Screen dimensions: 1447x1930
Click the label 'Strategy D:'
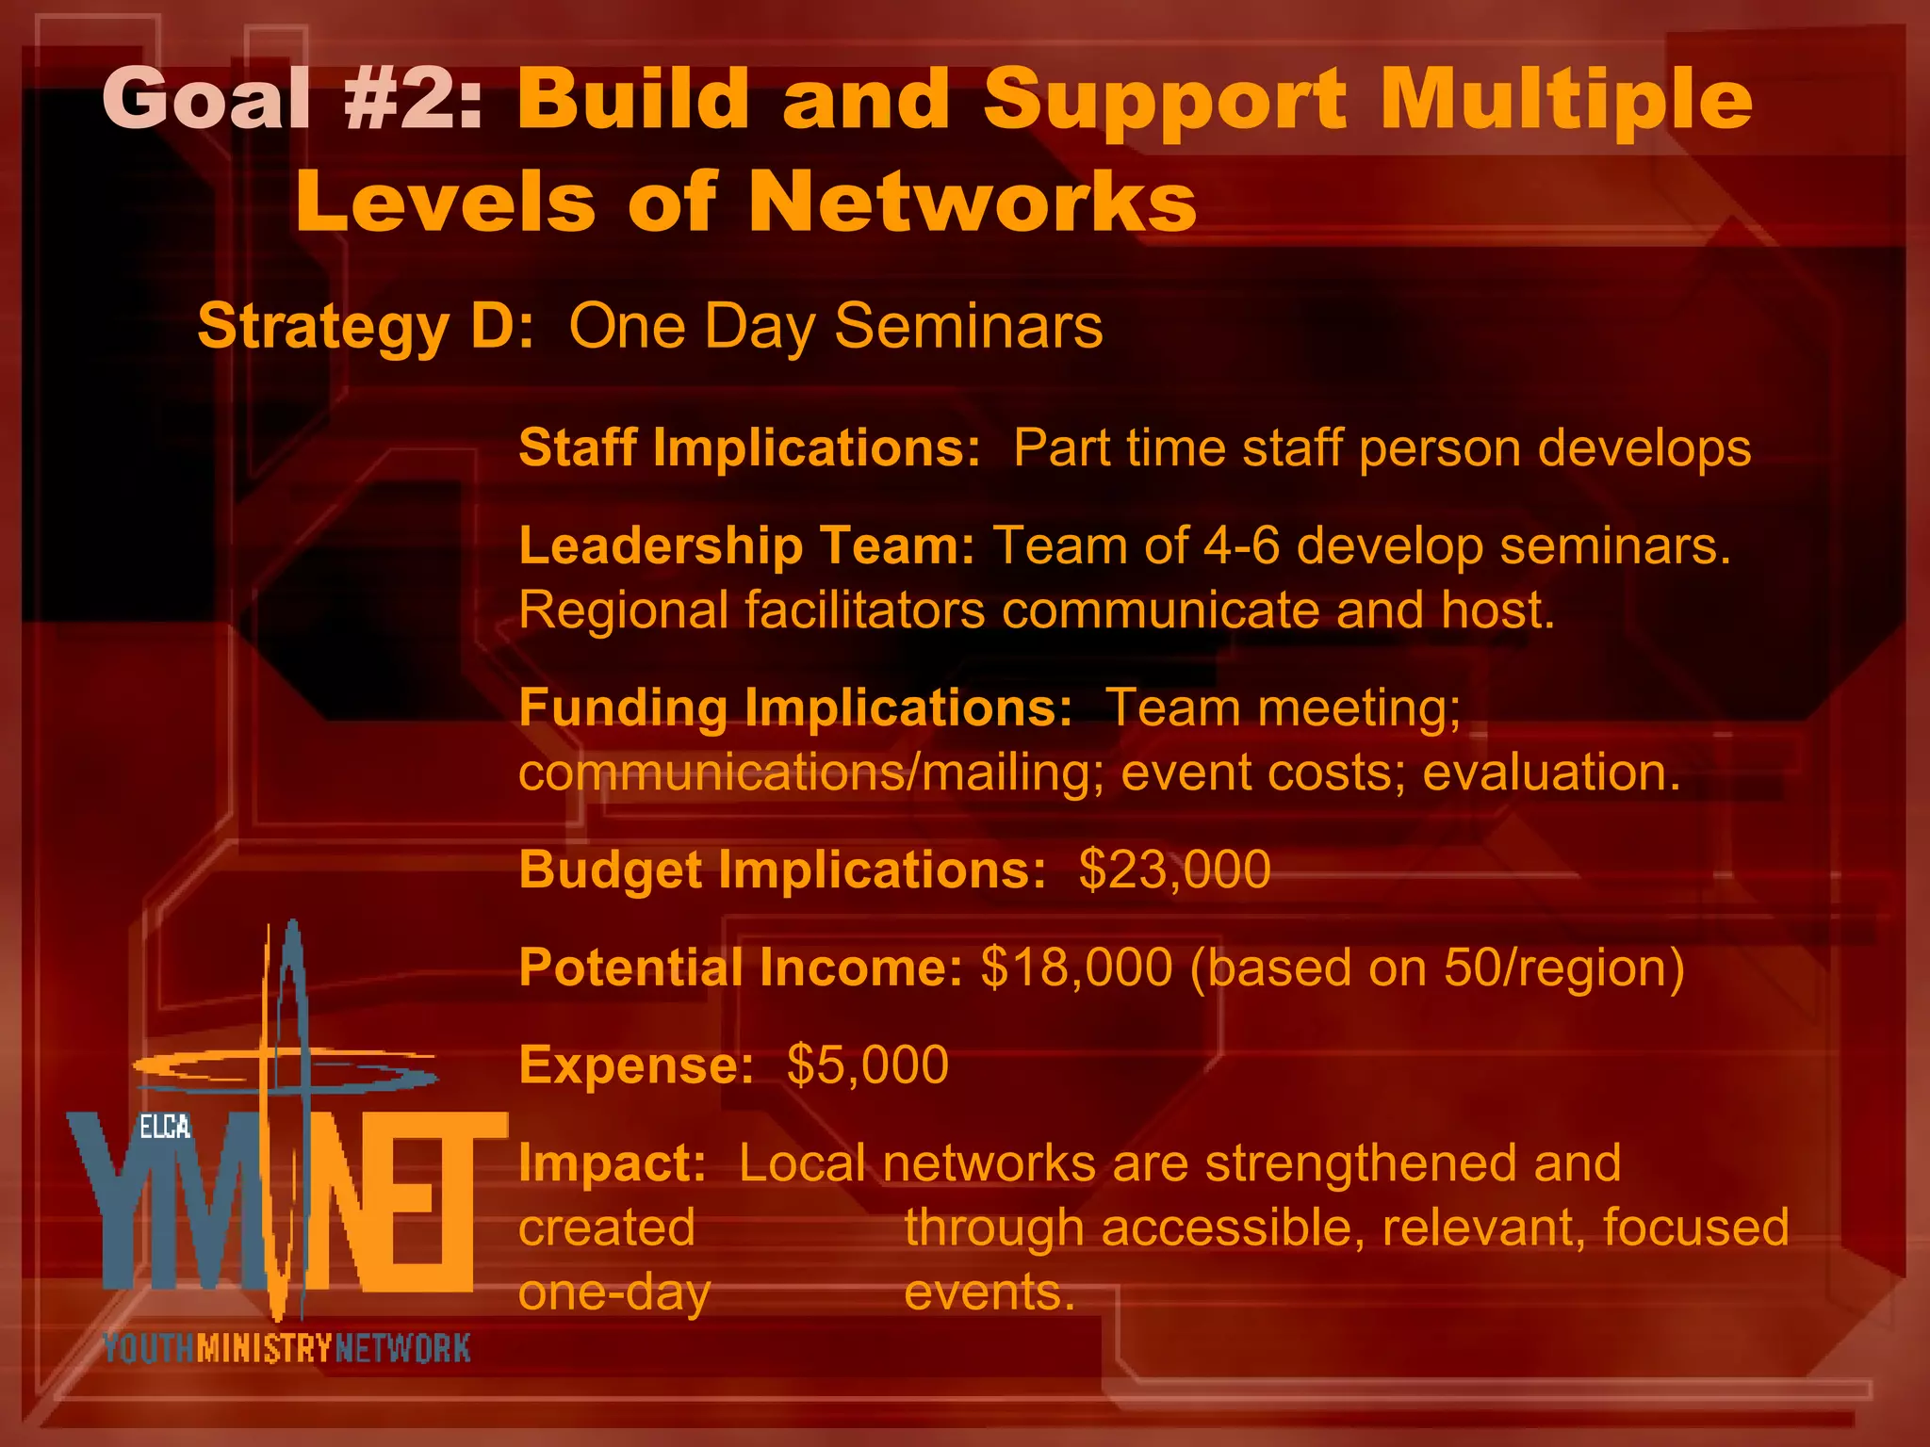[x=366, y=327]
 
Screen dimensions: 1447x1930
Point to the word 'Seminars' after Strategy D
[x=968, y=327]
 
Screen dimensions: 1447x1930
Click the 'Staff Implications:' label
[x=749, y=447]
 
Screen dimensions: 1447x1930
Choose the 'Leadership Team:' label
[x=746, y=546]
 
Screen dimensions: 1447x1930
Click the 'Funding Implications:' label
[x=795, y=708]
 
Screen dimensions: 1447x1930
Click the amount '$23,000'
[x=1174, y=870]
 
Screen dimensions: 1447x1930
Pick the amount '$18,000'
[x=1076, y=967]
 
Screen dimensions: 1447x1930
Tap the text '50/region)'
[x=1563, y=967]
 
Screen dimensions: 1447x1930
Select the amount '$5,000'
[x=867, y=1065]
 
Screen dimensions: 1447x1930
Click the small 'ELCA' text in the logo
[x=164, y=1127]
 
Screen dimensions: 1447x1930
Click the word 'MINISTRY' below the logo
[x=265, y=1349]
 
